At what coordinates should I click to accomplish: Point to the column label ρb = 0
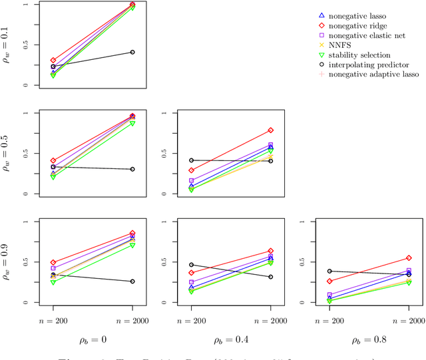pos(93,339)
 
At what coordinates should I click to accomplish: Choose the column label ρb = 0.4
pos(231,339)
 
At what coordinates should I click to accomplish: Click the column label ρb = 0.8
pos(369,339)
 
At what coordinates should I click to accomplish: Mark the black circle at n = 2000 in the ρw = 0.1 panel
pos(132,52)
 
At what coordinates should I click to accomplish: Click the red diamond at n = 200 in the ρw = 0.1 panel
pos(53,61)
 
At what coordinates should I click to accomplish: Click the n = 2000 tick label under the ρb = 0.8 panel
pos(409,320)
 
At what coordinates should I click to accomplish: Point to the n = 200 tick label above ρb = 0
pos(53,320)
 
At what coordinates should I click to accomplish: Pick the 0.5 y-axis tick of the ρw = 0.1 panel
pos(27,45)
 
